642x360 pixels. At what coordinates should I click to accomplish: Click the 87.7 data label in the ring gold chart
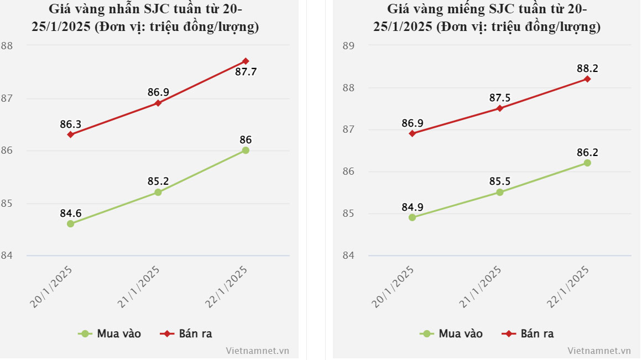click(246, 72)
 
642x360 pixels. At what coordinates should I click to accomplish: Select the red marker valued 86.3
click(70, 134)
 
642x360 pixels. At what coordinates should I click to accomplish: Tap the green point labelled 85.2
click(158, 192)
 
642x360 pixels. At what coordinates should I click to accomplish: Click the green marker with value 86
click(246, 150)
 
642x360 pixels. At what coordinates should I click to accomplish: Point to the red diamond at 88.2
click(587, 79)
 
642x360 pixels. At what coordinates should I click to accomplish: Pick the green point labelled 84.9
click(412, 217)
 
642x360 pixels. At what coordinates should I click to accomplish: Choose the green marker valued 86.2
click(587, 163)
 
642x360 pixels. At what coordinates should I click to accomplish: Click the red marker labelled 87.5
click(500, 108)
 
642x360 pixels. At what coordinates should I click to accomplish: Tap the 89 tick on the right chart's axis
click(348, 46)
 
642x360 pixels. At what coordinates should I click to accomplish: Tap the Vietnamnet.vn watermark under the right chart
click(599, 351)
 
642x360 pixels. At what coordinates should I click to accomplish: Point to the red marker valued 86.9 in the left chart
click(158, 103)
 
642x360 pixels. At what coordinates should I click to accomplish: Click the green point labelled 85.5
click(500, 192)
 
